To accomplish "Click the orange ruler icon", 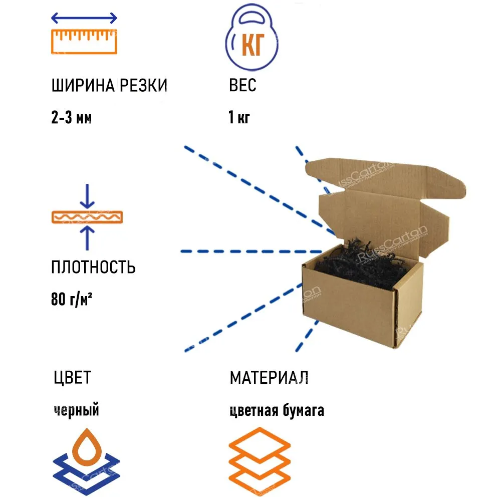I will [x=84, y=41].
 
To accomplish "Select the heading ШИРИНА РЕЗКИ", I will [x=109, y=86].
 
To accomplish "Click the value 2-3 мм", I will [x=72, y=118].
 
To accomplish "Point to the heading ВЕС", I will [x=242, y=86].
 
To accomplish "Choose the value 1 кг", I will [x=239, y=118].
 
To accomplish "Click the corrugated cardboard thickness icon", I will [x=88, y=217].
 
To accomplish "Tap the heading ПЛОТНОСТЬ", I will [x=93, y=267].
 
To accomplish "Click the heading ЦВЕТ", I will [x=72, y=377].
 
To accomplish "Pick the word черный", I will [x=76, y=410].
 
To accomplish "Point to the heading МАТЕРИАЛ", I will [x=269, y=377].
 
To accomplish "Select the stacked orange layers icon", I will [x=260, y=461].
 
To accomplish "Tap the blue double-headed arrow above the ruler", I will [x=84, y=19].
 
